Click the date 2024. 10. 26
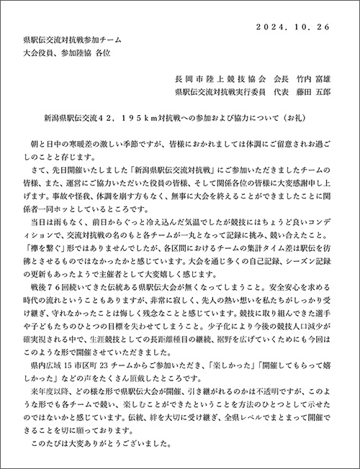297,27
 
